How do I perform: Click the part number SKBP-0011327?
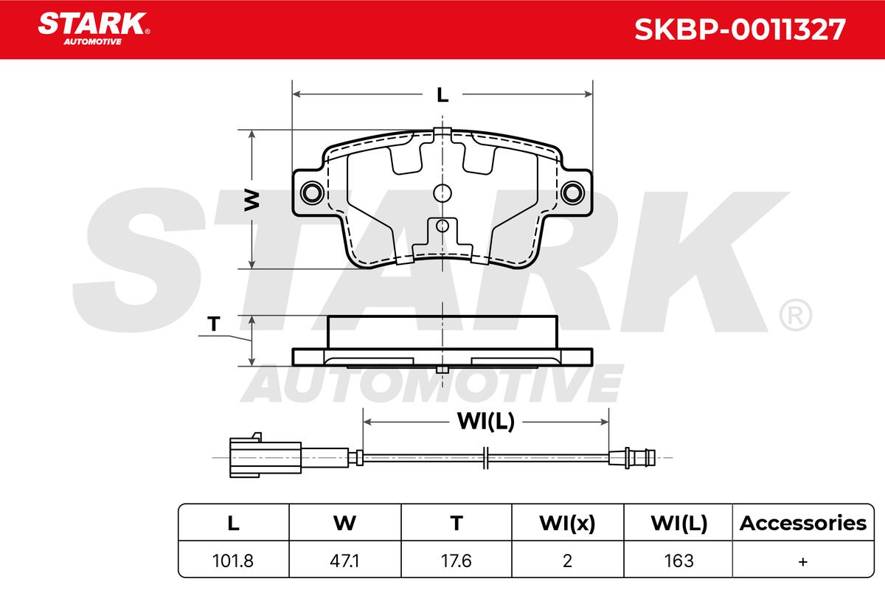click(740, 29)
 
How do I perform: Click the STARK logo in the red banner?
click(94, 29)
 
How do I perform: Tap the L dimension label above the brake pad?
click(442, 95)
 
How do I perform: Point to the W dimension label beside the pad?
click(251, 200)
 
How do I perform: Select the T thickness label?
click(214, 324)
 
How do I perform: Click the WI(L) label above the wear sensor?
click(485, 421)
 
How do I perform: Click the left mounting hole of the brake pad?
click(312, 192)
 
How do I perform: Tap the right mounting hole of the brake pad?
click(573, 192)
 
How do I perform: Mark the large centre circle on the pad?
click(442, 193)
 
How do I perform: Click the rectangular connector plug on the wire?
click(265, 457)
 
